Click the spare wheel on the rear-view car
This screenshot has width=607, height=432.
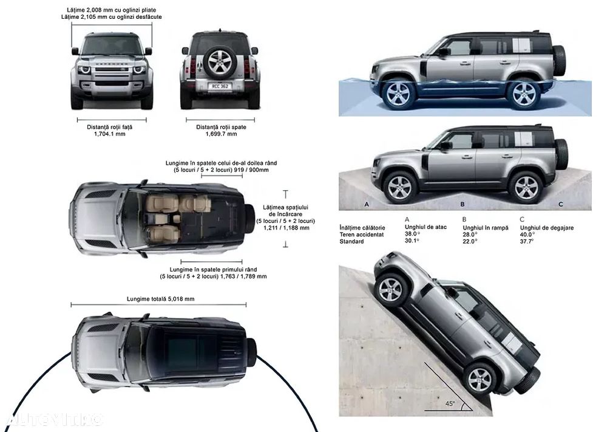(220, 62)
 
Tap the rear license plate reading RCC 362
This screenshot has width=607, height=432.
(220, 85)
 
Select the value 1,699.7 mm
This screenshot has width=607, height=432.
(221, 134)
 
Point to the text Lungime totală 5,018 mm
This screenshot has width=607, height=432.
(160, 299)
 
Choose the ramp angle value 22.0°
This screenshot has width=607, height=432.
(470, 241)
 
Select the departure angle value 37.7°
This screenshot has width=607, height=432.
(527, 241)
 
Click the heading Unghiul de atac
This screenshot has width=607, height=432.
(426, 227)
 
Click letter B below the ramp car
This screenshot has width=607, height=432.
(463, 204)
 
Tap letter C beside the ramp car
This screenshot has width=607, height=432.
(560, 204)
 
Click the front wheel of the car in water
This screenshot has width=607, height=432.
(398, 94)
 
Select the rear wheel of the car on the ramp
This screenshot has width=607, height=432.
(526, 188)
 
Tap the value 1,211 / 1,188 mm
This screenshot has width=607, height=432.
(287, 228)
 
